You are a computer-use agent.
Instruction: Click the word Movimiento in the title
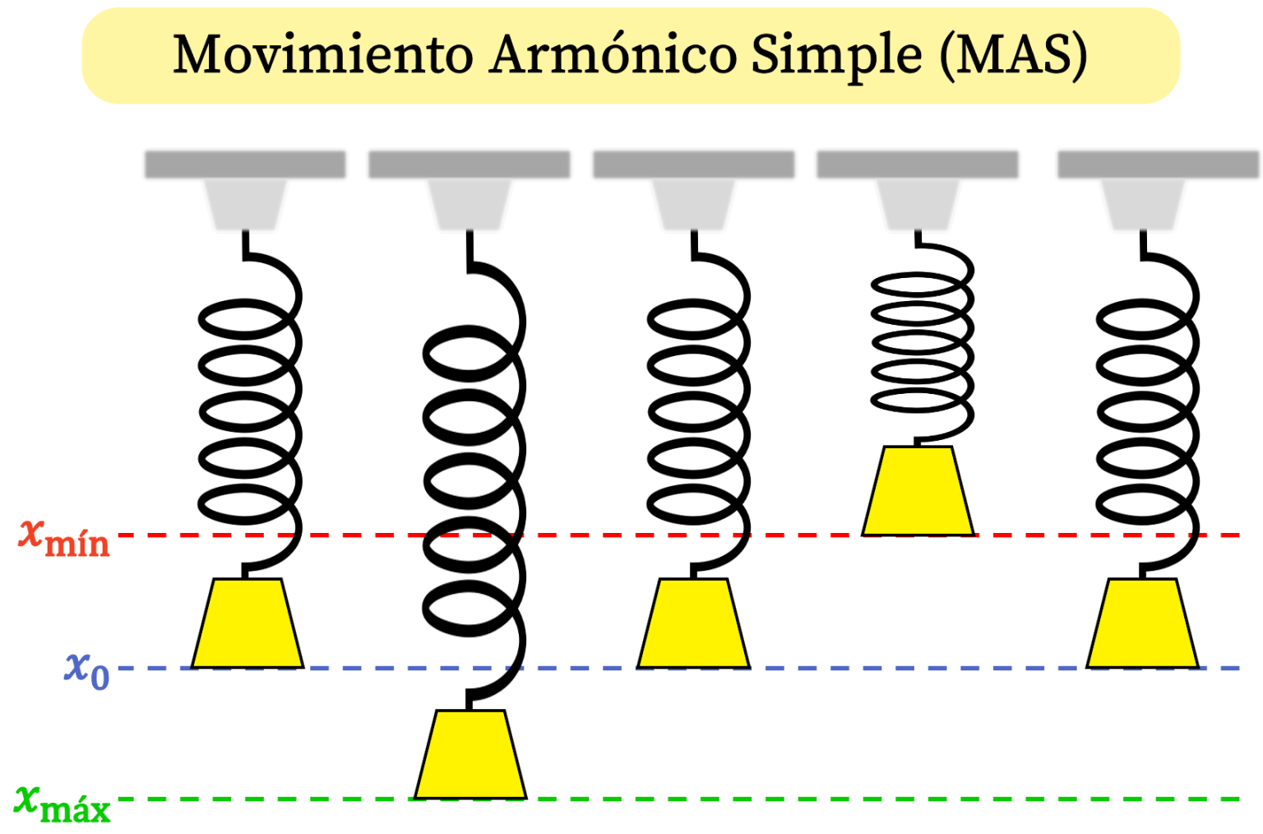tap(322, 55)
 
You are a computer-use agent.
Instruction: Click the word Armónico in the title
tap(612, 55)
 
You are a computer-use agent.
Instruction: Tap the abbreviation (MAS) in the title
tap(1014, 55)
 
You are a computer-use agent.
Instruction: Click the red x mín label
tap(64, 538)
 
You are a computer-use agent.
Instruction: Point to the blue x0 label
tap(86, 670)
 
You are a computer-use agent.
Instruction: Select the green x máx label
tap(62, 804)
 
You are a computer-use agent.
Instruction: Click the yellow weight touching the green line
tap(470, 754)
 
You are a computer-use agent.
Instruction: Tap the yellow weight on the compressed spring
tap(918, 491)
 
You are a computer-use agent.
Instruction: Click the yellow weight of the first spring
tap(248, 623)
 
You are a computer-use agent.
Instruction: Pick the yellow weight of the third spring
tap(693, 623)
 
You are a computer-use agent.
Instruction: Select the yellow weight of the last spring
tap(1142, 623)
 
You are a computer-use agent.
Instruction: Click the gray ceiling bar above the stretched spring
tap(469, 164)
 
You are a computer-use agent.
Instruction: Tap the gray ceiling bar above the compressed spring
tap(918, 164)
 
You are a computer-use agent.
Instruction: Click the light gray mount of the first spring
tap(245, 203)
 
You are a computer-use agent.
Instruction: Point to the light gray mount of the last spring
tap(1142, 203)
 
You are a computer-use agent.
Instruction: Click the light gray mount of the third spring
tap(693, 203)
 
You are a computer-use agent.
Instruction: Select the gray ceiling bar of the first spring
tap(245, 164)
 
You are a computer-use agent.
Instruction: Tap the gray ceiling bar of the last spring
tap(1158, 164)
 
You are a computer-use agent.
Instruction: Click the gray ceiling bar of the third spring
tap(693, 164)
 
